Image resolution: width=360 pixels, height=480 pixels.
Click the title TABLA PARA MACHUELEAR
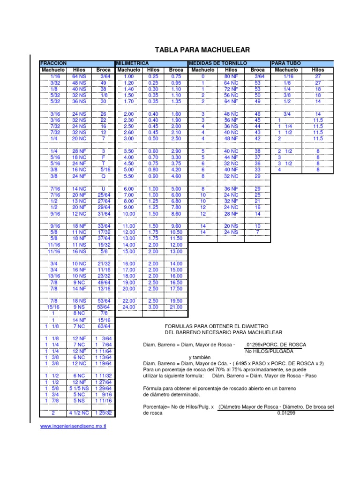pyautogui.click(x=202, y=50)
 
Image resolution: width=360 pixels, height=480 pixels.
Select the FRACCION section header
pyautogui.click(x=53, y=63)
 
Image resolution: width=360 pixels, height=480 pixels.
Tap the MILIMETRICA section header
pyautogui.click(x=132, y=63)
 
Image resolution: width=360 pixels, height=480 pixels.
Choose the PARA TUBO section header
pyautogui.click(x=286, y=63)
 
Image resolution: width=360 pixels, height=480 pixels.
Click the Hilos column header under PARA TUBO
pyautogui.click(x=318, y=70)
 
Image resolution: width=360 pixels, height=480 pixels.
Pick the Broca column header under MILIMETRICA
pyautogui.click(x=176, y=70)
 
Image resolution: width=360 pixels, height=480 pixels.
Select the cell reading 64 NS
pyautogui.click(x=79, y=76)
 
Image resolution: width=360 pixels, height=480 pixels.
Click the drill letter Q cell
pyautogui.click(x=103, y=176)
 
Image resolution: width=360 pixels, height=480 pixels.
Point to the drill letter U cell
pyautogui.click(x=103, y=188)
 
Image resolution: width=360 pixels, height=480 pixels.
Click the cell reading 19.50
pyautogui.click(x=176, y=301)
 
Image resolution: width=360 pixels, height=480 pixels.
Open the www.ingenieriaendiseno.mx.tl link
pyautogui.click(x=73, y=426)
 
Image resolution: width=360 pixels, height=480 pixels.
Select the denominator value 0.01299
pyautogui.click(x=286, y=413)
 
